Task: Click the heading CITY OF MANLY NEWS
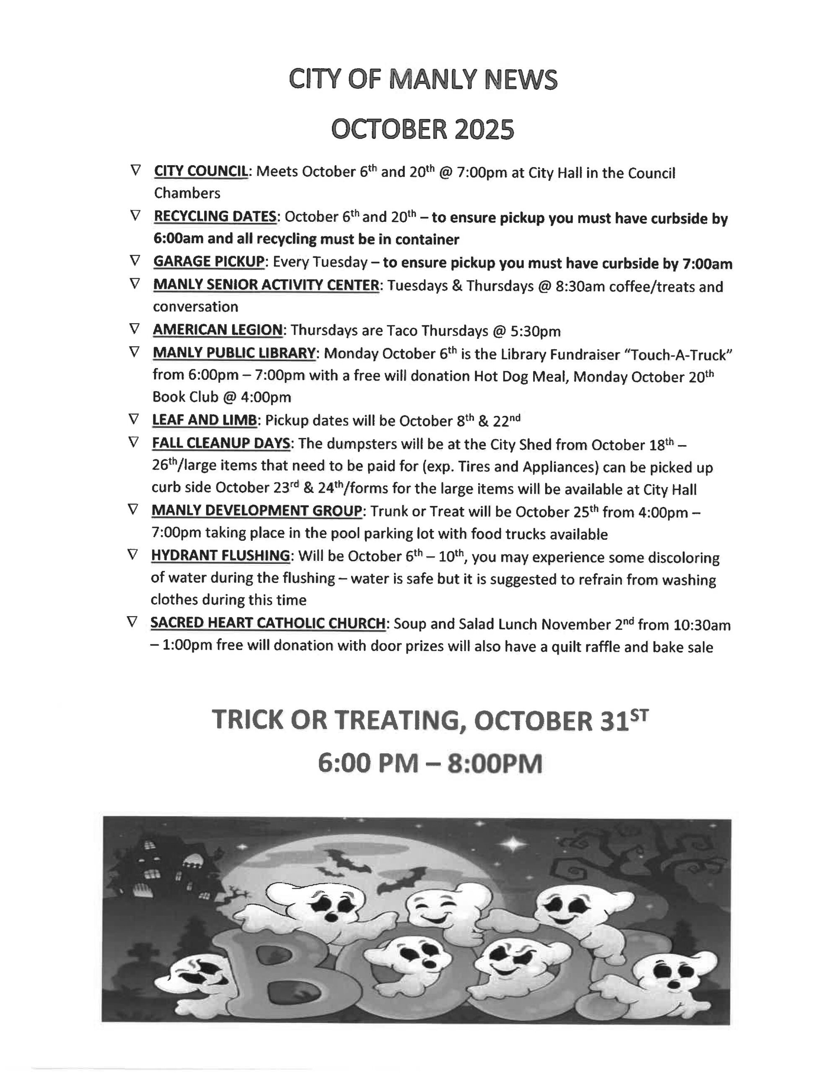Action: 422,80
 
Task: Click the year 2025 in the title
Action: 484,130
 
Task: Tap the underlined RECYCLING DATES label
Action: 215,217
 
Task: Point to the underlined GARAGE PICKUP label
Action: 209,262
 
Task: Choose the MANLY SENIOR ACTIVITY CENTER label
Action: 266,285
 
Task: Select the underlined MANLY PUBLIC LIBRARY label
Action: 234,353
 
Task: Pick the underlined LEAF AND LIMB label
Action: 205,420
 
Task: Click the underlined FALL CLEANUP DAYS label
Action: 220,443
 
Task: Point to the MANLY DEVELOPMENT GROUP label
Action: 256,511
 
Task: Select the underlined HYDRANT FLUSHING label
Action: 220,556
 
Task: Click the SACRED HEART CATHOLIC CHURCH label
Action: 268,623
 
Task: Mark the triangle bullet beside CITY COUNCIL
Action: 135,171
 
